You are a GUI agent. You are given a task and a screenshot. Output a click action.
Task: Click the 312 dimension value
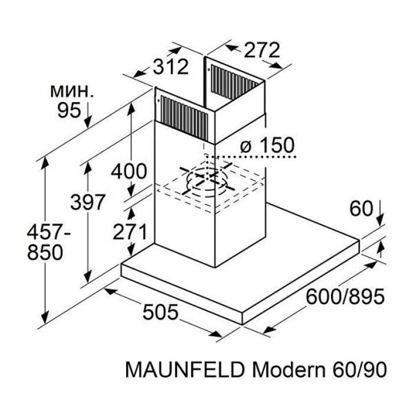170,68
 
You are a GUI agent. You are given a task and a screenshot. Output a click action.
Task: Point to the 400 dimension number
129,171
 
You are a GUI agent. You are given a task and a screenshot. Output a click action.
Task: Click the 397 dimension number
87,202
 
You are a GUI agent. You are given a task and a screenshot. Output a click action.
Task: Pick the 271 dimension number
129,232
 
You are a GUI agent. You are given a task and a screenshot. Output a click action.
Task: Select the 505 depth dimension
161,313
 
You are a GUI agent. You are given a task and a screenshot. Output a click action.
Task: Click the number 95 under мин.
69,110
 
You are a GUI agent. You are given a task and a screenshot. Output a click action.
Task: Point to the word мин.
71,91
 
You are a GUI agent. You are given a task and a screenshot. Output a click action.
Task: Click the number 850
45,252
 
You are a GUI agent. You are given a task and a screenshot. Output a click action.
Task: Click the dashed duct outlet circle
207,179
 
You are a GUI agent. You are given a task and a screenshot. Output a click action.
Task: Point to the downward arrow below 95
88,117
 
